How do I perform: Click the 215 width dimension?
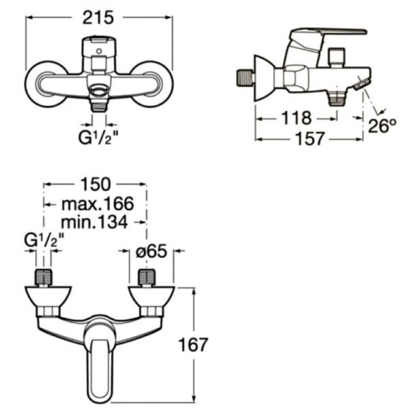[x=98, y=18]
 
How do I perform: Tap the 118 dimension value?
[x=296, y=118]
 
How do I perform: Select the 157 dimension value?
[x=310, y=138]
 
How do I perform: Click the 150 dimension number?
[x=95, y=184]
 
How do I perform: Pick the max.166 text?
[x=98, y=204]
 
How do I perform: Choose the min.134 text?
[x=94, y=222]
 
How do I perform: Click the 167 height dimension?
[x=193, y=345]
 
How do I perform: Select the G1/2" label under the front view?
[x=98, y=138]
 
